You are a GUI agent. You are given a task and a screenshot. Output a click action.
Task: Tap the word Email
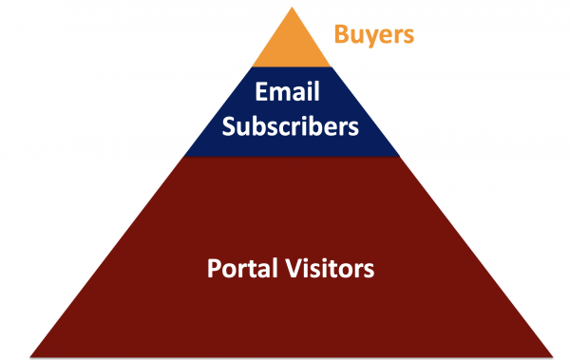284,94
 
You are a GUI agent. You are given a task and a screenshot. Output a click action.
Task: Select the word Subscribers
285,124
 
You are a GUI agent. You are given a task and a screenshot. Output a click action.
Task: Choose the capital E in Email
259,94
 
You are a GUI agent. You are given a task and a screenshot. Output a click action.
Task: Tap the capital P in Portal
213,267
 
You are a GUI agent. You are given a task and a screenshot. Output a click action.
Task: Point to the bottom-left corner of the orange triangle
239,66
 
